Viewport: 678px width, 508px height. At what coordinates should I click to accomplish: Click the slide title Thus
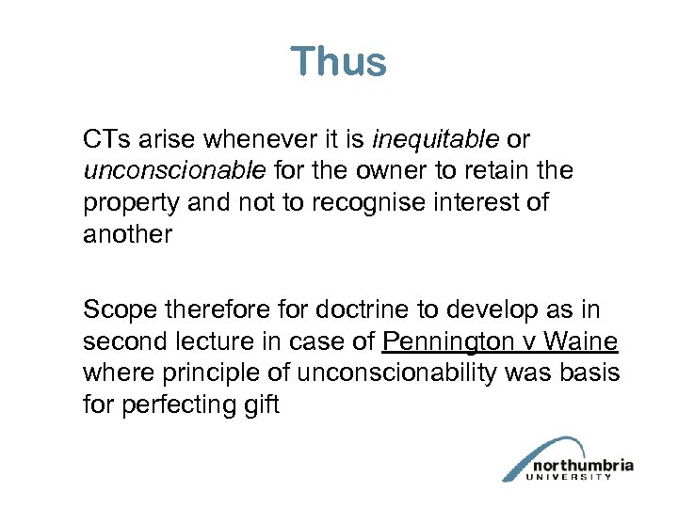[x=338, y=62]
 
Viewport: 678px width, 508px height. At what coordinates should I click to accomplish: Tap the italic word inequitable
[x=436, y=140]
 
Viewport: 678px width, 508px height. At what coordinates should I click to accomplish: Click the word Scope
[x=116, y=310]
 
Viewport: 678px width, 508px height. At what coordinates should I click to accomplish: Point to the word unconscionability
[x=396, y=373]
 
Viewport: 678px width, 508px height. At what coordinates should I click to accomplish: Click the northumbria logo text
[x=583, y=465]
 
